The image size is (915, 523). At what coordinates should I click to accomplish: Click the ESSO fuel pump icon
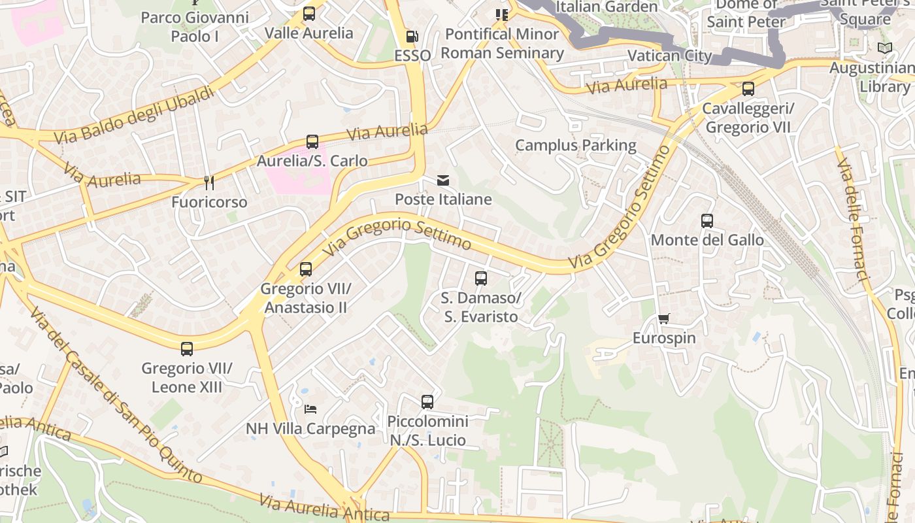pos(412,37)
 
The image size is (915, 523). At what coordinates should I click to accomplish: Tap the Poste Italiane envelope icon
pos(443,180)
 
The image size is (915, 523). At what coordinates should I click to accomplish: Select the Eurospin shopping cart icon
pos(664,319)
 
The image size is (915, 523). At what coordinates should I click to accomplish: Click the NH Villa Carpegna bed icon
pos(310,409)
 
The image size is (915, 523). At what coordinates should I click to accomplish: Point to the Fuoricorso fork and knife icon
pos(209,183)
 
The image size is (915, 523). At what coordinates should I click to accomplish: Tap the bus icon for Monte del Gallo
pos(707,221)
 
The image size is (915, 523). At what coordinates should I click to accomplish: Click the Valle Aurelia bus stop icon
pos(309,13)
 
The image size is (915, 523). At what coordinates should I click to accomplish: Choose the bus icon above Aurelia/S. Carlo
pos(312,142)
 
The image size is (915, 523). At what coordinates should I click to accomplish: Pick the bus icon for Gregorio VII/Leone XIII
pos(187,349)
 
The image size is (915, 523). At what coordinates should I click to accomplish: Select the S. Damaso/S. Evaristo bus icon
pos(481,278)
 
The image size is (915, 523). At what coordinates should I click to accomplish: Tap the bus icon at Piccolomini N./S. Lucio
pos(427,402)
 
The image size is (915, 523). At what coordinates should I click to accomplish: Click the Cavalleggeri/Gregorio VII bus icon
pos(748,89)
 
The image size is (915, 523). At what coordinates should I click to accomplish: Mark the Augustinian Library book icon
pos(885,48)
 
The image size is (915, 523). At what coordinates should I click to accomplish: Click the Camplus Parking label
pos(575,145)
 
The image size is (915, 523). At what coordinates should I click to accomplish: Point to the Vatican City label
pos(669,56)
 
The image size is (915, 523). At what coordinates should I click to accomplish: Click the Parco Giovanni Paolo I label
pos(195,26)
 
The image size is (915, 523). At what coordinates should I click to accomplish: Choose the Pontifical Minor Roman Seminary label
pos(502,43)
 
